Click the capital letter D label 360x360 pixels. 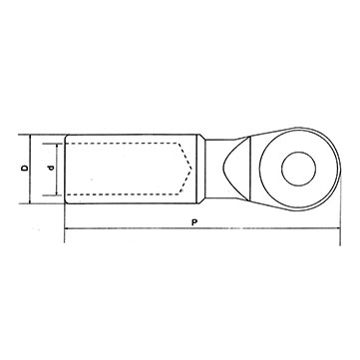point(25,169)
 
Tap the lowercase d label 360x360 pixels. point(51,169)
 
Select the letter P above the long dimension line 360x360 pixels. point(194,222)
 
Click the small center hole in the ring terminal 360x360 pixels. point(298,169)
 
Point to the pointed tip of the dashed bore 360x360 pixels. point(191,169)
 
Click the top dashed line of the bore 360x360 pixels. point(122,144)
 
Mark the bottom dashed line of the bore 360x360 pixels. point(123,194)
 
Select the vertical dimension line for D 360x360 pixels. point(30,169)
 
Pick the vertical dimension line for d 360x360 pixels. point(57,170)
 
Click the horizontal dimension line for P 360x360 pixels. point(202,228)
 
